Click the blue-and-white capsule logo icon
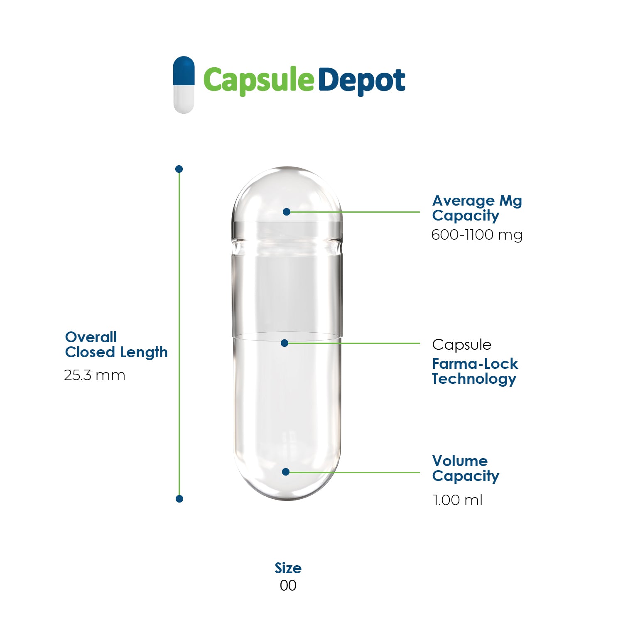(x=184, y=85)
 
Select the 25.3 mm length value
(x=95, y=375)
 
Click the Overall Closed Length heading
(x=116, y=345)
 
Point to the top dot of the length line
(x=179, y=169)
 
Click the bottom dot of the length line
(x=179, y=498)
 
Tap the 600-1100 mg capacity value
(x=477, y=235)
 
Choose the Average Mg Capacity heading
(x=477, y=208)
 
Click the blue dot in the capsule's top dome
(x=286, y=212)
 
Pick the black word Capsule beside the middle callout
(x=461, y=345)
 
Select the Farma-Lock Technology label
(x=475, y=371)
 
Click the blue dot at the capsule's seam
(x=285, y=343)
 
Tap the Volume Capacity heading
(x=465, y=468)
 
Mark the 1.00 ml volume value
(x=457, y=500)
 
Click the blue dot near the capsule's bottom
(x=286, y=472)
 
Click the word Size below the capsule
(x=288, y=568)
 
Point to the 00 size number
(x=288, y=586)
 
